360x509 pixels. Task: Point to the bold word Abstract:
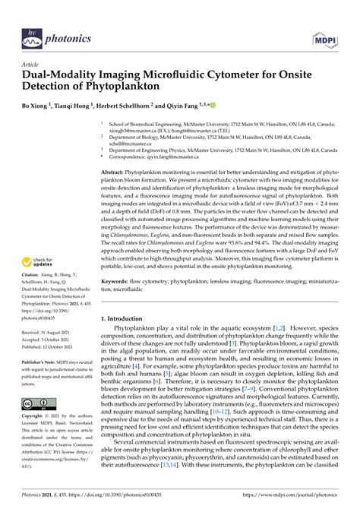click(115, 173)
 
